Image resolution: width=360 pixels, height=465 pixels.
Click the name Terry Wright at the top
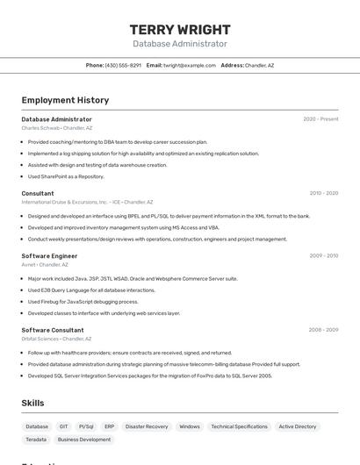[180, 29]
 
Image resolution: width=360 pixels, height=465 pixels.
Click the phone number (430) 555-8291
[123, 65]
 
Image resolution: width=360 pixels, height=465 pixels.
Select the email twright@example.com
[189, 65]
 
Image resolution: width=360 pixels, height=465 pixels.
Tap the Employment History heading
[65, 100]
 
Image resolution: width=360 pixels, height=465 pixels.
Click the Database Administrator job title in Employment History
[56, 119]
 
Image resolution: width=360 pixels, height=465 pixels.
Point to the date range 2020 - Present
[320, 119]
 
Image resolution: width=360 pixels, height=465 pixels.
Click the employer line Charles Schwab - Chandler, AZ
[56, 128]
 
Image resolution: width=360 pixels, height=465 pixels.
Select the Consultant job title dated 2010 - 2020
[38, 193]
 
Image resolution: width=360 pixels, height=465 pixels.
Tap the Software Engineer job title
[49, 256]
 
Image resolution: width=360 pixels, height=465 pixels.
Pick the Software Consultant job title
[53, 330]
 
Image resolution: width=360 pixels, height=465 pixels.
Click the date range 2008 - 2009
[323, 330]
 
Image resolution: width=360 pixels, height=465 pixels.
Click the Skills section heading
[33, 403]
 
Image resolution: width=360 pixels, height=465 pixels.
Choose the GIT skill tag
[63, 426]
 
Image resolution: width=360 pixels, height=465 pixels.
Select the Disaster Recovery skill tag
[147, 426]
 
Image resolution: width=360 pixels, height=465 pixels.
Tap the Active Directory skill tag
[298, 426]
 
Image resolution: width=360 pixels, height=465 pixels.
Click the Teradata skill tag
[36, 440]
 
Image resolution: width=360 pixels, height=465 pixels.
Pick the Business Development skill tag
[84, 440]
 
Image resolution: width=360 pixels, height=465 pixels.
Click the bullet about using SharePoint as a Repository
[66, 176]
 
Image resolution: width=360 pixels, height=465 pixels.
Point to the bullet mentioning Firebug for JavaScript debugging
[83, 301]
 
